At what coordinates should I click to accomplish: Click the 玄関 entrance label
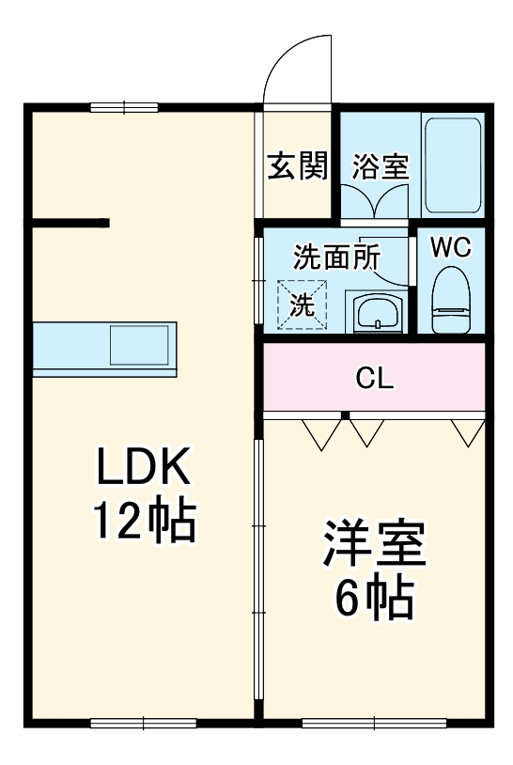(299, 167)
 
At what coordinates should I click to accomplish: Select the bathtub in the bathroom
(454, 165)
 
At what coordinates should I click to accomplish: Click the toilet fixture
(451, 301)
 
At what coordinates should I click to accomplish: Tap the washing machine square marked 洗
(301, 304)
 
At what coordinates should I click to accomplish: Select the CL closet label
(374, 379)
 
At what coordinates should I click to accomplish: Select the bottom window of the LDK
(143, 722)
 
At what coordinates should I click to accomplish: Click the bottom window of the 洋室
(374, 722)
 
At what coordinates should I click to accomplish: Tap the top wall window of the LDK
(123, 106)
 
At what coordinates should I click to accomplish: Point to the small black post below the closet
(346, 414)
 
